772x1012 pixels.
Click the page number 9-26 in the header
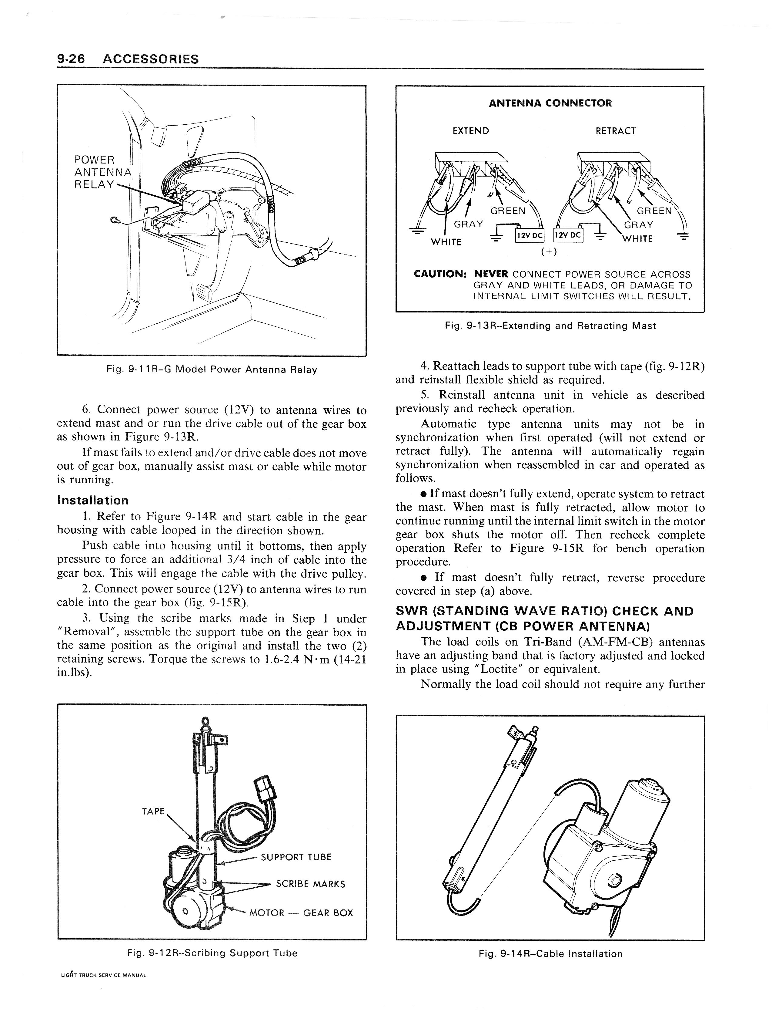71,59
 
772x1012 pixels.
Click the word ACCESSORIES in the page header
151,59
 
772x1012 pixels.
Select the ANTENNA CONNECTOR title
550,103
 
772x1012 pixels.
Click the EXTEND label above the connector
470,131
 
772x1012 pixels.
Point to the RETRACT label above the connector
615,131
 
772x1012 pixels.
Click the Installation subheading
93,500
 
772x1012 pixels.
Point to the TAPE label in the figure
153,811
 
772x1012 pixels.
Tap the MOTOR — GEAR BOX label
301,913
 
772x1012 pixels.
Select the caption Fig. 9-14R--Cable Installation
550,954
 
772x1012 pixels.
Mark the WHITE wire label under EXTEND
446,242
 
